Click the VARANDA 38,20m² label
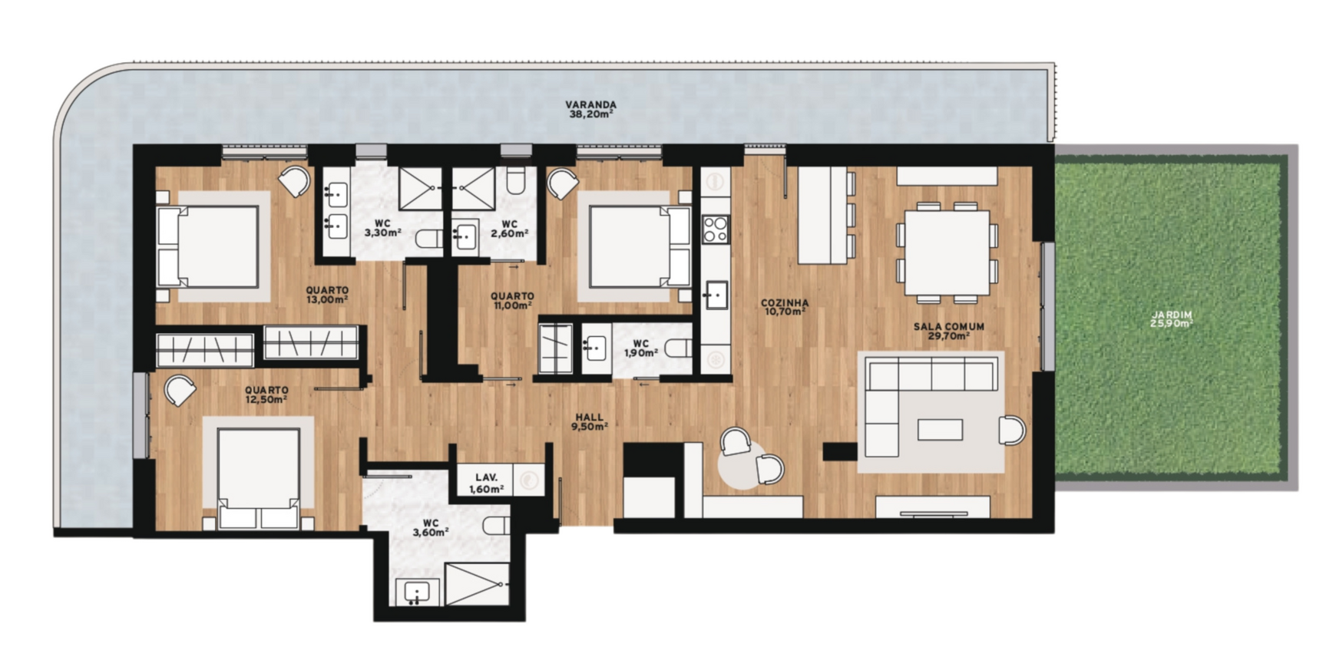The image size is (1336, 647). tap(590, 110)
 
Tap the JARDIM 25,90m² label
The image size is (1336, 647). tap(1171, 319)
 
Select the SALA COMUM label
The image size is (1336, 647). tap(948, 326)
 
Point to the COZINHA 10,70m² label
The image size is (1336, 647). tap(784, 307)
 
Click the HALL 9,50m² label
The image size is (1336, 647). tap(589, 422)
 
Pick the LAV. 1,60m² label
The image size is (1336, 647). tap(486, 483)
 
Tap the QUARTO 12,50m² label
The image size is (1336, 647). tap(266, 394)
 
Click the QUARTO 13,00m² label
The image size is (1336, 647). tap(327, 295)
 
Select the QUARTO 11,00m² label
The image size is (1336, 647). tap(512, 300)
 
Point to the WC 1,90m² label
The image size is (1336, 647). tap(640, 348)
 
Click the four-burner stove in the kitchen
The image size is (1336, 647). tap(716, 229)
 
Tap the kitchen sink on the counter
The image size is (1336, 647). tap(716, 295)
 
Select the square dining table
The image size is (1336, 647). tap(947, 253)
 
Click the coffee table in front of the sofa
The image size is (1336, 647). tap(940, 429)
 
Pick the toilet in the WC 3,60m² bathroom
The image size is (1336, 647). tap(496, 526)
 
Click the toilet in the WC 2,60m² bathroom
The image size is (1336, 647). tap(516, 180)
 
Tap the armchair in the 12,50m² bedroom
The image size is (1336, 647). tap(180, 390)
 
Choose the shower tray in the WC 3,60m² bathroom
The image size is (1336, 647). tap(476, 584)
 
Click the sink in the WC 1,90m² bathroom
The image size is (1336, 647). tap(595, 348)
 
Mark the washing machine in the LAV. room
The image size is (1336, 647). tap(528, 480)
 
